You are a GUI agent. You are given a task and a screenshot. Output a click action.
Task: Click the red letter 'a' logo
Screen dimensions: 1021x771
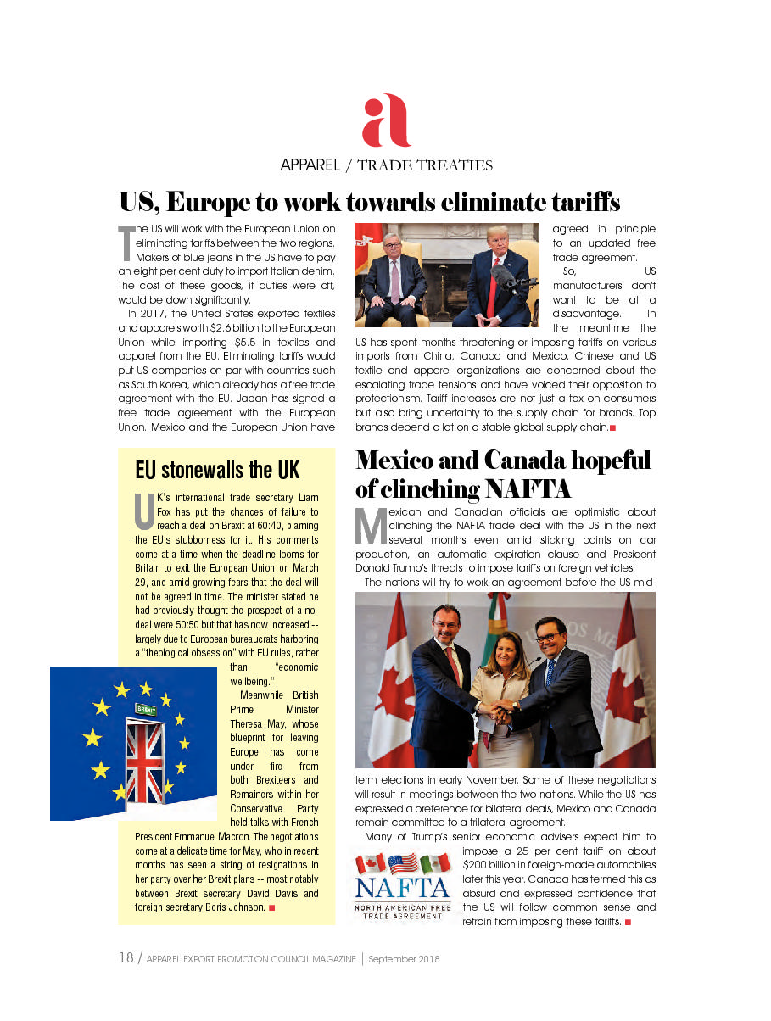click(386, 120)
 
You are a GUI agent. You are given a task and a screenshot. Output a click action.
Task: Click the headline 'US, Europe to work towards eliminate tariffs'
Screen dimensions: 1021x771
click(370, 203)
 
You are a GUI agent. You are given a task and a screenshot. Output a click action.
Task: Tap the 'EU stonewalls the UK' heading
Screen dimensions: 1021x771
click(217, 469)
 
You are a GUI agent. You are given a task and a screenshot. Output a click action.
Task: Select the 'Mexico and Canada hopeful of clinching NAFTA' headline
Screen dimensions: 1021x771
click(503, 473)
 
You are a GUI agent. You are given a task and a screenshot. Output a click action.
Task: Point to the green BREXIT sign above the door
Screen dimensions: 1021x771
click(146, 708)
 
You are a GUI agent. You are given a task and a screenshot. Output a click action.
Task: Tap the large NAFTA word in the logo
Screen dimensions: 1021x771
click(402, 889)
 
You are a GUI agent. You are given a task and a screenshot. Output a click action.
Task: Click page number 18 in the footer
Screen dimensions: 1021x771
click(126, 959)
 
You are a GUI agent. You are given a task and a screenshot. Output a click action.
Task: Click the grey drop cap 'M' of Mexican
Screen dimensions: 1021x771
click(370, 526)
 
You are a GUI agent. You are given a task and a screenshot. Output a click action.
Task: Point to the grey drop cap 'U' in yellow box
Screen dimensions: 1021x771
click(144, 510)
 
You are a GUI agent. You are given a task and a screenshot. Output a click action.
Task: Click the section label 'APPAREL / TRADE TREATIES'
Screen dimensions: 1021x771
click(386, 165)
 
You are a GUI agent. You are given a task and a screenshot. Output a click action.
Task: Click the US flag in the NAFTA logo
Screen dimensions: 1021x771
click(402, 863)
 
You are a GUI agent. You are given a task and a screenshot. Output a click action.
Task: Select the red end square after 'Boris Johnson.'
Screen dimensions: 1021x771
click(271, 908)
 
